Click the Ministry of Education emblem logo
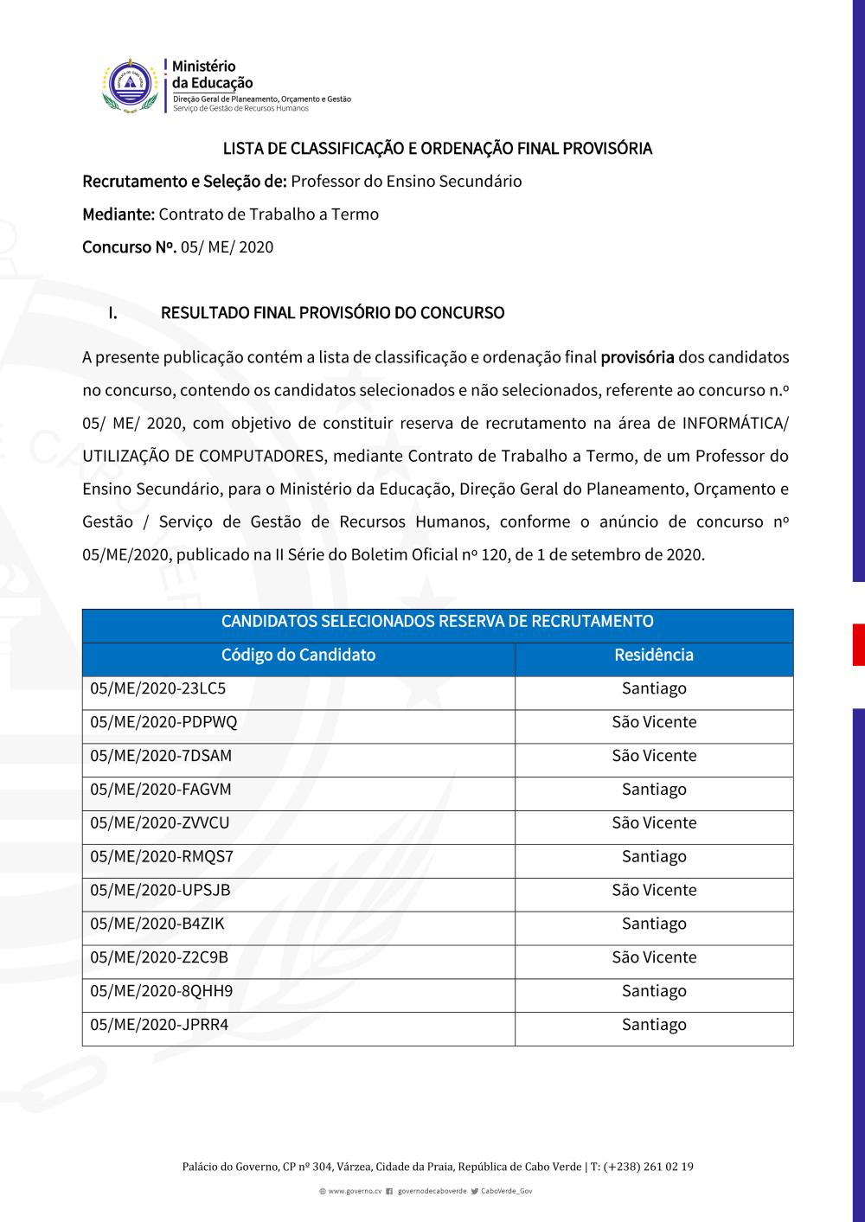coord(130,86)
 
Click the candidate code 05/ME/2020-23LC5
coord(158,688)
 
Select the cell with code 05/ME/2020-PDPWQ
coord(163,722)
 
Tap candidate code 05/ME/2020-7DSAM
coord(161,756)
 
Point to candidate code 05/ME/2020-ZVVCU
coord(160,823)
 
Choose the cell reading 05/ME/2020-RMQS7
coord(162,857)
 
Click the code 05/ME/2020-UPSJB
coord(160,891)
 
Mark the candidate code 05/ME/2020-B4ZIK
coord(157,924)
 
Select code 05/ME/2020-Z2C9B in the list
coord(159,957)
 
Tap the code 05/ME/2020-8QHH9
coord(162,991)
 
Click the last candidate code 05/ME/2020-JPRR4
coord(159,1025)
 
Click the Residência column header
coord(654,656)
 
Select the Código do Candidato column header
coord(298,656)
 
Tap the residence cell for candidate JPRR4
coord(654,1025)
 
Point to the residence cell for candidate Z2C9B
coord(654,957)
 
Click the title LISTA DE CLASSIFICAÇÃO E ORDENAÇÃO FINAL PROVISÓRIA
coord(437,149)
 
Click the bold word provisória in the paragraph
coord(637,357)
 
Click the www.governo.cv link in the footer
coord(355,1191)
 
